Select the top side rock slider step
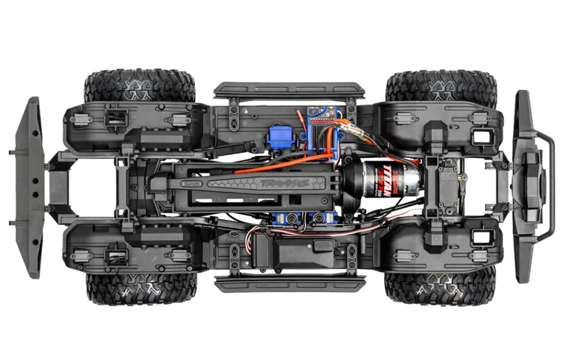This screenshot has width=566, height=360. tap(289, 90)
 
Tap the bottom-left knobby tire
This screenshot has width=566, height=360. tap(141, 288)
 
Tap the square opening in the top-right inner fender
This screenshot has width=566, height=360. tap(481, 136)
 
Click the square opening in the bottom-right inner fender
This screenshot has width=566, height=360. tap(481, 237)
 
